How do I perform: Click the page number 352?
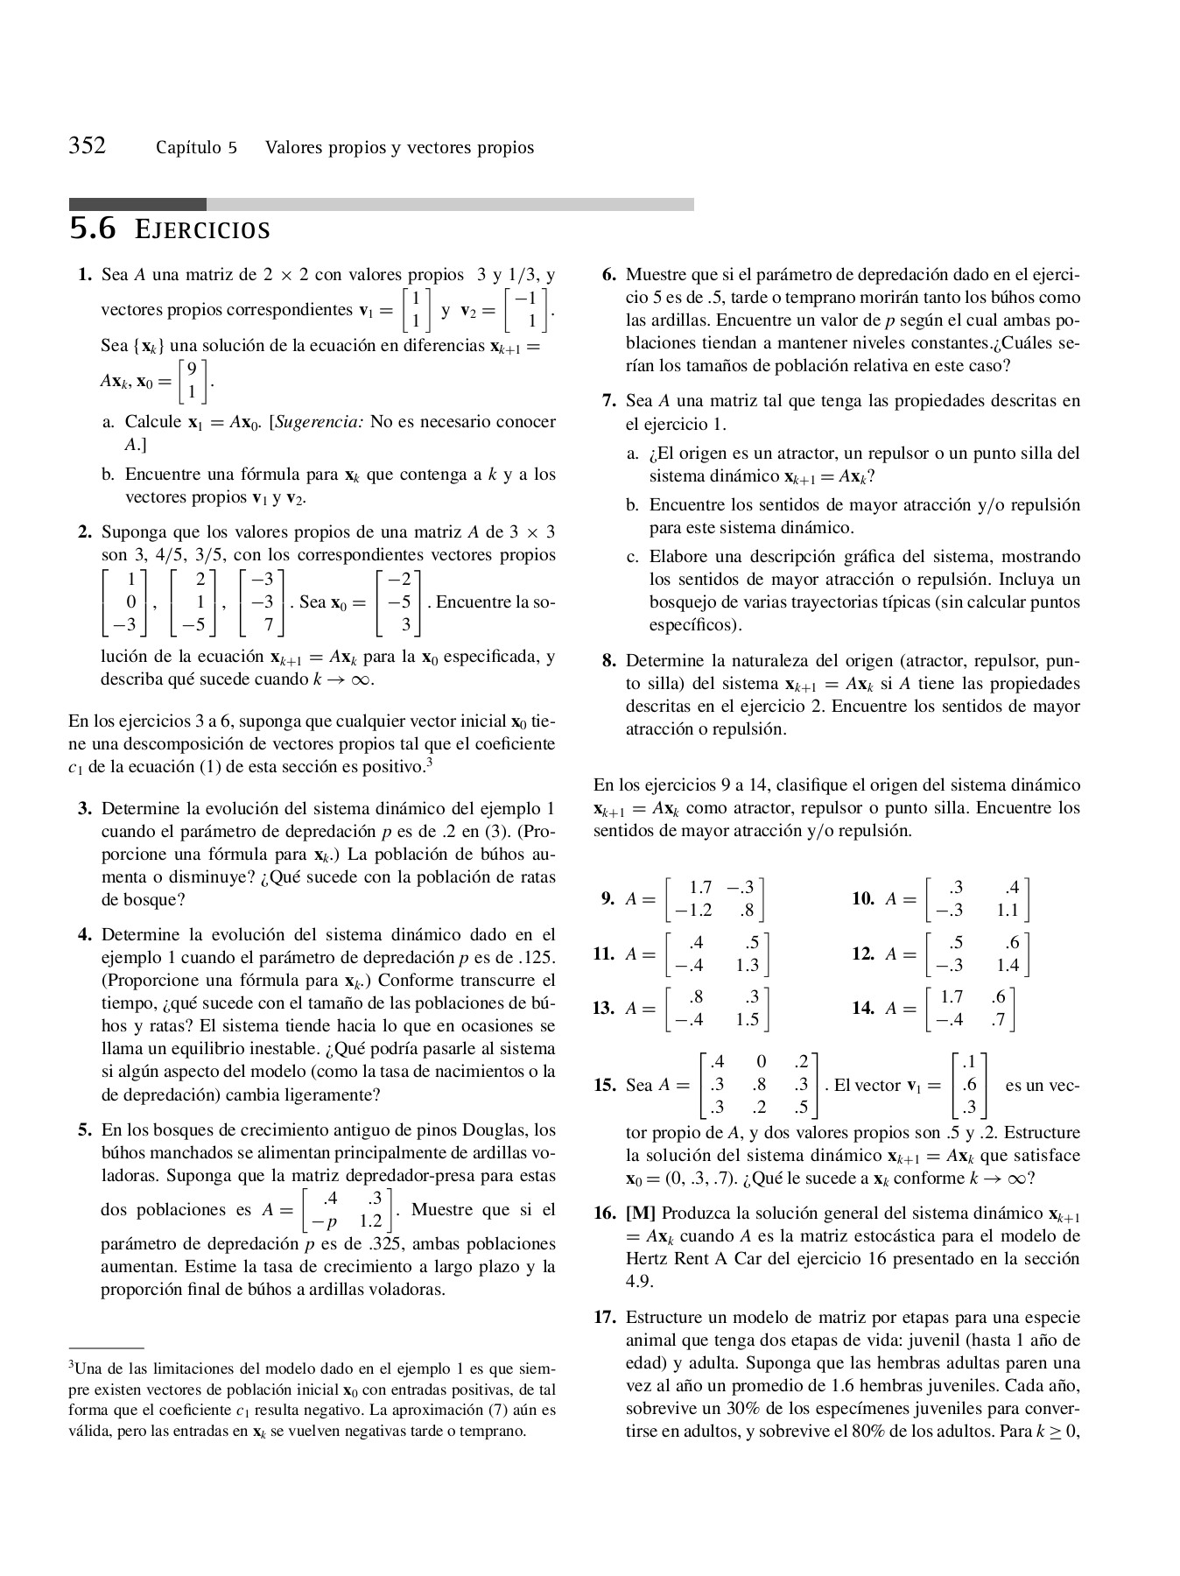pyautogui.click(x=88, y=145)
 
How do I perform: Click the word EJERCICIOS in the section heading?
pyautogui.click(x=202, y=231)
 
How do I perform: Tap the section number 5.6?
pyautogui.click(x=92, y=229)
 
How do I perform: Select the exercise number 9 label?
pyautogui.click(x=607, y=898)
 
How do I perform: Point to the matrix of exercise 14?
pyautogui.click(x=970, y=1008)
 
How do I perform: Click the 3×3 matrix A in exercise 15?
pyautogui.click(x=759, y=1086)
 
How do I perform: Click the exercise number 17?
pyautogui.click(x=605, y=1318)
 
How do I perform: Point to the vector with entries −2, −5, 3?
pyautogui.click(x=398, y=602)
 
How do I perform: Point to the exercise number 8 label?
pyautogui.click(x=608, y=661)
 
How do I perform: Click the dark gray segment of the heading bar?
pyautogui.click(x=137, y=204)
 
